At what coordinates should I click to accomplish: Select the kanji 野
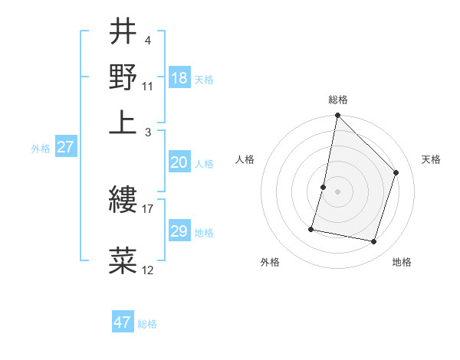tap(123, 77)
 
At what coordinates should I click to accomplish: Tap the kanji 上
tap(123, 122)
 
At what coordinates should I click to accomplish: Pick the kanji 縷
tap(123, 201)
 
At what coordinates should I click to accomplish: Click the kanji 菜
tap(123, 260)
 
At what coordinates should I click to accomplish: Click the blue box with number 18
tap(179, 78)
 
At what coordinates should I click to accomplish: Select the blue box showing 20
tap(179, 162)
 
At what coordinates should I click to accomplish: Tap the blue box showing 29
tap(179, 231)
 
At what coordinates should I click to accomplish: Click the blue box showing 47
tap(123, 322)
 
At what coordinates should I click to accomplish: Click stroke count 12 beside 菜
tap(148, 270)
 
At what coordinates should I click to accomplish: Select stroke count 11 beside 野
tap(148, 87)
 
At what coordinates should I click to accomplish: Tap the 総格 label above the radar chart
tap(337, 100)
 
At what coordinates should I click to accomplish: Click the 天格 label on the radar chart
tap(431, 159)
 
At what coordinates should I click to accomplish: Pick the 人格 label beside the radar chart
tap(245, 159)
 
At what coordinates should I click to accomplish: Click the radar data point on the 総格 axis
tap(337, 116)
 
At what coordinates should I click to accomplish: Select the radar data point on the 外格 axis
tap(311, 228)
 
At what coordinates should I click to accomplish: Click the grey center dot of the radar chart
tap(337, 191)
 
